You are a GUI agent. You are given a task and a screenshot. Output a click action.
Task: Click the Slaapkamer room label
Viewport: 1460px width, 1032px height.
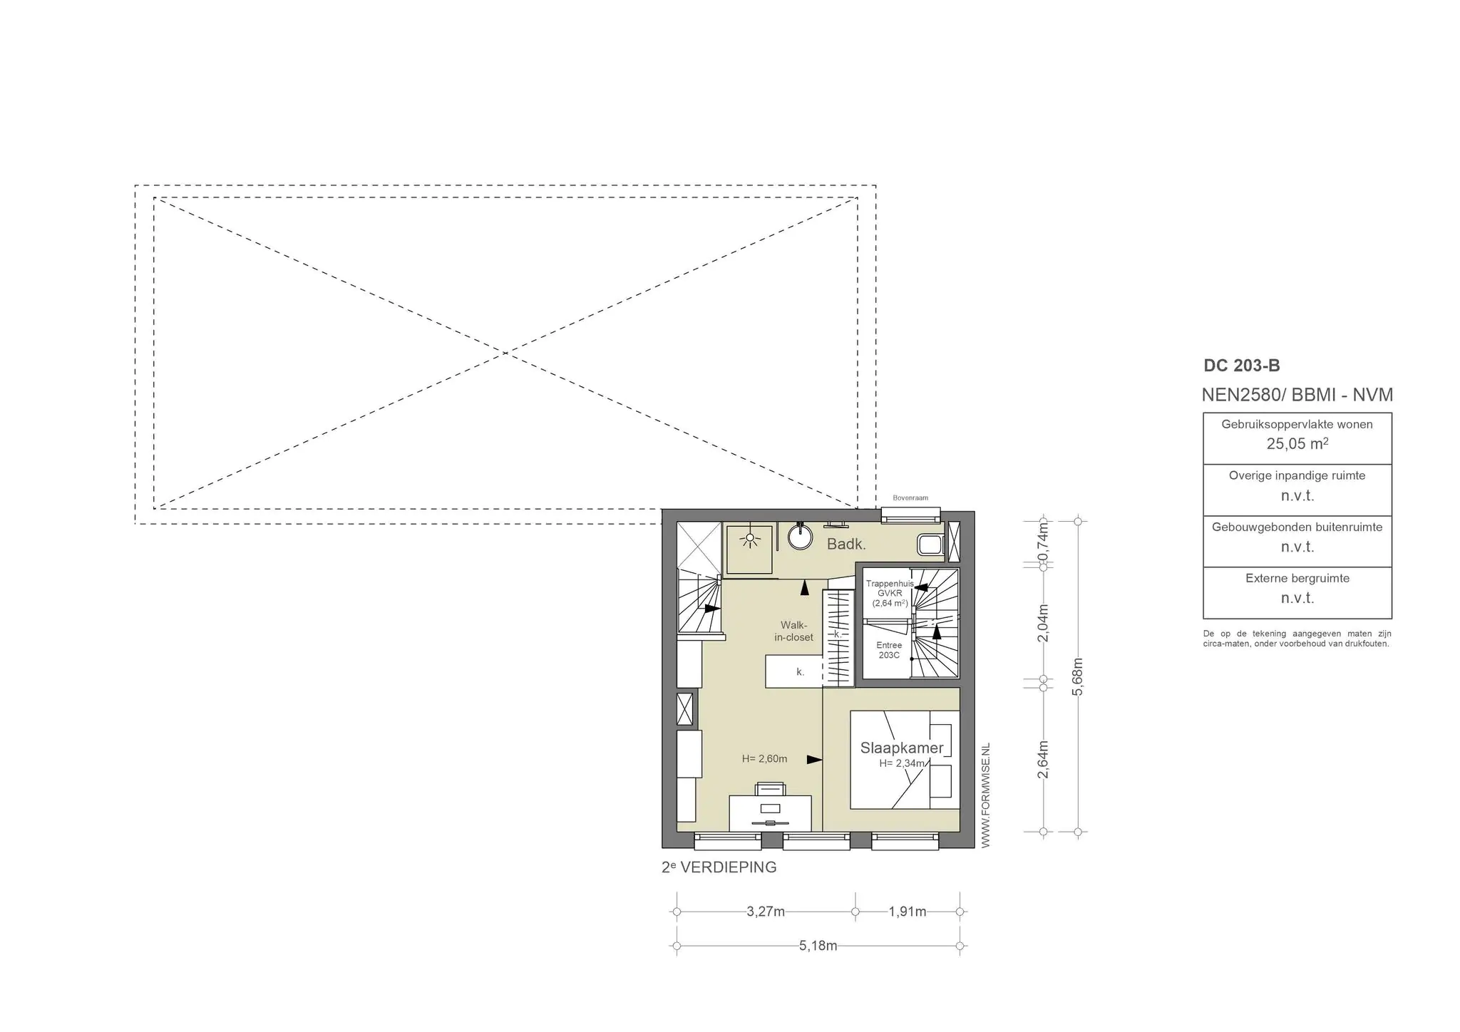902,748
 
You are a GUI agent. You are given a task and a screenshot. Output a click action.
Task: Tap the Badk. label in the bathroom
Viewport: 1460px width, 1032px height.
846,545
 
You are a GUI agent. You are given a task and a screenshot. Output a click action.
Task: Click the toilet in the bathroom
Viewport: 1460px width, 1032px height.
930,545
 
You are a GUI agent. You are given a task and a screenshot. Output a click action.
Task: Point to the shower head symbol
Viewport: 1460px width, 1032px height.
749,540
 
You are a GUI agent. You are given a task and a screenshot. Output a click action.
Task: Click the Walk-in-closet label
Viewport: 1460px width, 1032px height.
794,631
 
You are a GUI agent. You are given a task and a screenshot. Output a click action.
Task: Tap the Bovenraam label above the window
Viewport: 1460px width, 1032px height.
910,498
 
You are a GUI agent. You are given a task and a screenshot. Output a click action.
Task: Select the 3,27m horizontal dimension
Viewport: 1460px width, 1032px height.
766,912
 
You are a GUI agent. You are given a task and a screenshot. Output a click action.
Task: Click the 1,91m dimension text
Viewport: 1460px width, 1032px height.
908,912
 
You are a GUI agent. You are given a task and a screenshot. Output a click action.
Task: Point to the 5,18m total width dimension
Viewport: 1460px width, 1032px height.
818,946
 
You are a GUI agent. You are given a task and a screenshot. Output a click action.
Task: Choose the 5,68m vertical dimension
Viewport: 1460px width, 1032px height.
1078,676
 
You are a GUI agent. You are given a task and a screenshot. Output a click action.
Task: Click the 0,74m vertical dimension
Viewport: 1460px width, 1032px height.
1044,542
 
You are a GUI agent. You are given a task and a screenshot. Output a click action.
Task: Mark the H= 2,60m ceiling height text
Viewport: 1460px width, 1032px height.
764,759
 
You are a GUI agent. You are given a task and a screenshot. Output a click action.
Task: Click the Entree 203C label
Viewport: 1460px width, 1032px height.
889,650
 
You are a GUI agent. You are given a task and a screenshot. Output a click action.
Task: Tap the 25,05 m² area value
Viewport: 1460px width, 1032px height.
1297,443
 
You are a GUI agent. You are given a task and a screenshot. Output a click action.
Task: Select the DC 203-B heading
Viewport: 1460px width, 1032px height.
1242,366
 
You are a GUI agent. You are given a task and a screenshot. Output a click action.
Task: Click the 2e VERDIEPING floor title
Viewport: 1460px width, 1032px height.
719,867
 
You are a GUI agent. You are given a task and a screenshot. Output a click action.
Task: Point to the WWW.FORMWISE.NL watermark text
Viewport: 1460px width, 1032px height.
986,795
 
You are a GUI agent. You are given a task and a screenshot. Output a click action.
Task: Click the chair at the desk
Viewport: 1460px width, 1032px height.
770,788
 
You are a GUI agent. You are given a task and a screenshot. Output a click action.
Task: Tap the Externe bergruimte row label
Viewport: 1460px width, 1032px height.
1297,578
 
